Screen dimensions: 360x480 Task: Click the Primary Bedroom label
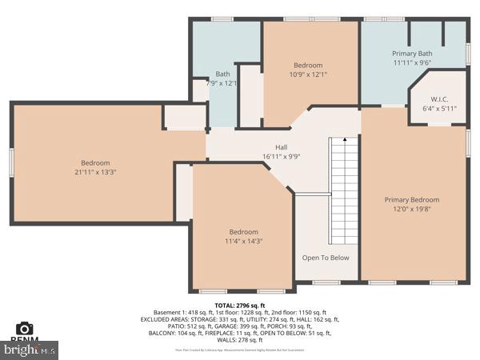411,200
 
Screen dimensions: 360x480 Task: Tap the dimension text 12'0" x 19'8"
411,210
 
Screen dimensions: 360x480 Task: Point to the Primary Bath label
412,53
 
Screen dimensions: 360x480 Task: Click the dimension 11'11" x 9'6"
412,62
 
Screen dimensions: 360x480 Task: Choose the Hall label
281,147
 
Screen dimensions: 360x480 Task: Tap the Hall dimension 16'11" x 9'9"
281,157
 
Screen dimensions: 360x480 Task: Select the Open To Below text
326,258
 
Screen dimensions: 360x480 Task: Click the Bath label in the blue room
222,74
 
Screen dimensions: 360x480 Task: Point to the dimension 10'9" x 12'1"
308,74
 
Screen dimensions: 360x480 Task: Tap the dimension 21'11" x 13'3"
94,172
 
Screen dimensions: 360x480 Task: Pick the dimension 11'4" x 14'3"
243,241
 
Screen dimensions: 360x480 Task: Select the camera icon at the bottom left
24,328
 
